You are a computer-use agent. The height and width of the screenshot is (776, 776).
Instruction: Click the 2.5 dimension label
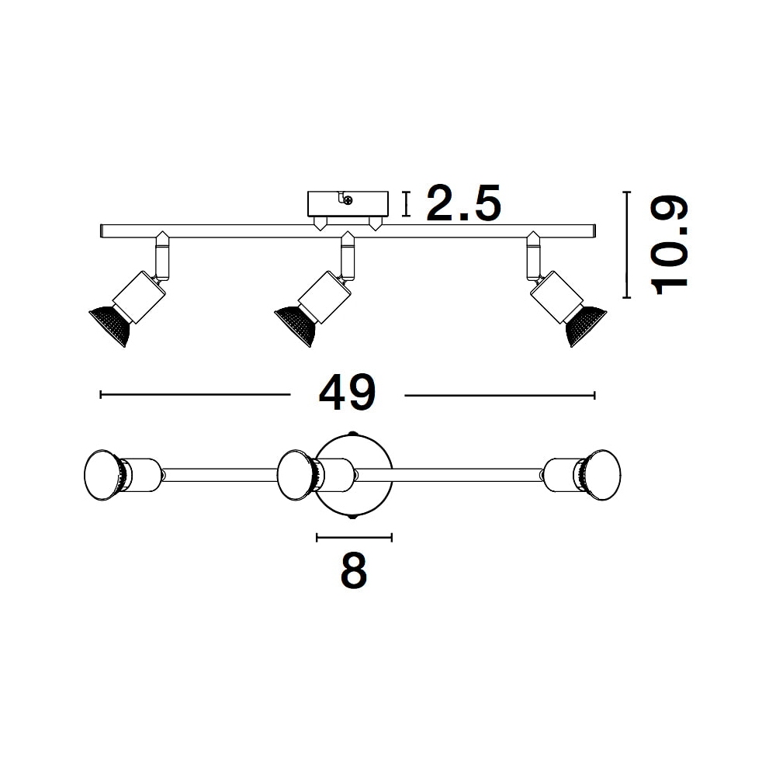click(464, 203)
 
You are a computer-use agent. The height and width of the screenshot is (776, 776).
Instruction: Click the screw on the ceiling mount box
click(348, 200)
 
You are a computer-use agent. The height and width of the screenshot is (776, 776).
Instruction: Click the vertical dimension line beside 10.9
click(626, 245)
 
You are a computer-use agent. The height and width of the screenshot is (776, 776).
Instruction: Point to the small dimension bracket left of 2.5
click(407, 204)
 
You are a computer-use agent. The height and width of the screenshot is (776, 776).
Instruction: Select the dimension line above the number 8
click(355, 537)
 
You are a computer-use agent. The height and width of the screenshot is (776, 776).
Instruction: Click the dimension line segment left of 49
click(195, 394)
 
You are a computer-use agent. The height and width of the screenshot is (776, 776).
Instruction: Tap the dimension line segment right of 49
click(500, 395)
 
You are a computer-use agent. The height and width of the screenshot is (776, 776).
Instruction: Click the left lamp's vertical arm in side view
click(162, 258)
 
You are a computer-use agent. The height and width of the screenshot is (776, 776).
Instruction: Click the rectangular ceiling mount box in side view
click(348, 204)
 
